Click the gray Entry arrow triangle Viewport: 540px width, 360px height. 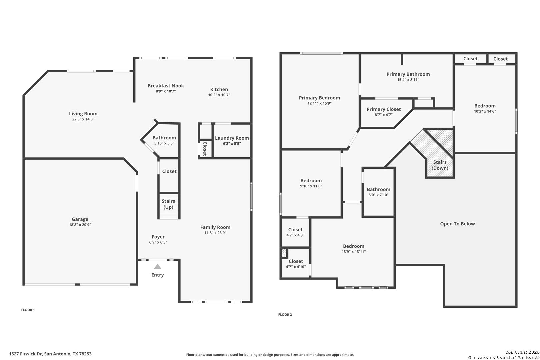157,266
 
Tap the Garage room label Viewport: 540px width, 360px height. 80,219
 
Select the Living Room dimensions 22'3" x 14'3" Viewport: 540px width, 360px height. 83,119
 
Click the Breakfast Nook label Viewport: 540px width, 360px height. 166,86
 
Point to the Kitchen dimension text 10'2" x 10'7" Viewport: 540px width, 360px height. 219,95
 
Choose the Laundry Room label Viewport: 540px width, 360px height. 232,138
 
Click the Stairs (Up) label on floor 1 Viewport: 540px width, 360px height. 168,204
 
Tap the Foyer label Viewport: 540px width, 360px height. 158,237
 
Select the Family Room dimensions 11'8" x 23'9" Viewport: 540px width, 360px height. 215,233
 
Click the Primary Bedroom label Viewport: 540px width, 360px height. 319,98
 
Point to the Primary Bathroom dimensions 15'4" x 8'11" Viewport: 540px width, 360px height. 408,80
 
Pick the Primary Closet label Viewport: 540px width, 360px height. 384,109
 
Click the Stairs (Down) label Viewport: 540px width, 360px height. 440,165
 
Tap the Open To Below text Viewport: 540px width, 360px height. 458,224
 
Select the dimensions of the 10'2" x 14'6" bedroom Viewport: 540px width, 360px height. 485,111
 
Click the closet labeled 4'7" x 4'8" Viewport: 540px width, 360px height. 295,232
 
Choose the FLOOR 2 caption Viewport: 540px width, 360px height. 285,314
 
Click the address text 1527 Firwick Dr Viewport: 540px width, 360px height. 26,354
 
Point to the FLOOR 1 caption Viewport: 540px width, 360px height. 28,310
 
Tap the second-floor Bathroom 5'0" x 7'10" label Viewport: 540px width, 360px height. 378,192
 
